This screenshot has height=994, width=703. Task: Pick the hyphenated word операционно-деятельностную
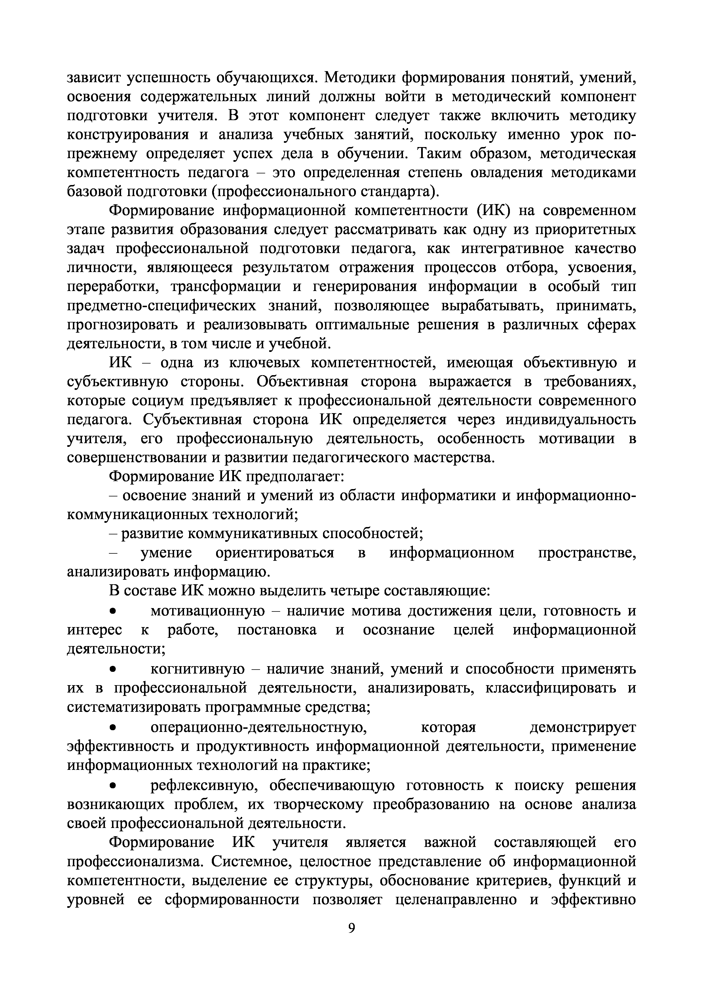(259, 727)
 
